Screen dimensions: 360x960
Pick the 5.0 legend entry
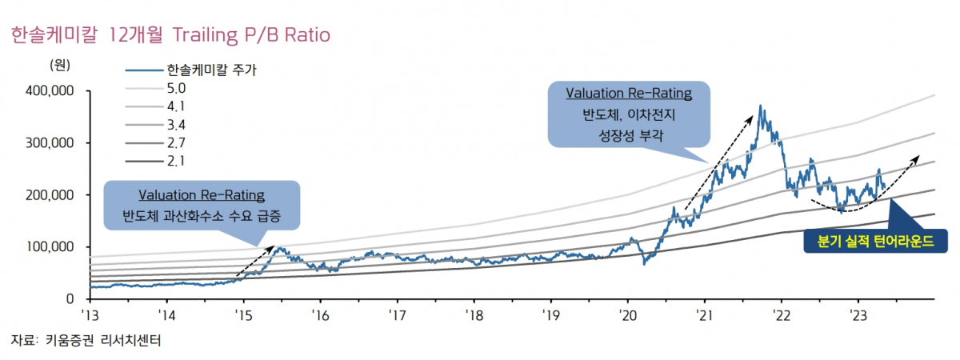176,88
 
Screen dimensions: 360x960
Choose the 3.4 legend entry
176,125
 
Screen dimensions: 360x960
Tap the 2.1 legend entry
176,162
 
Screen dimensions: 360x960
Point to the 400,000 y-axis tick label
50,91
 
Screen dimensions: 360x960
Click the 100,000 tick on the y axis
50,247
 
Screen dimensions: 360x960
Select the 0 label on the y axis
70,299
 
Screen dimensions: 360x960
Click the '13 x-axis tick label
90,314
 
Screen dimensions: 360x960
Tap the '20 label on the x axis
627,314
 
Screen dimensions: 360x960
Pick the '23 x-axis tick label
858,314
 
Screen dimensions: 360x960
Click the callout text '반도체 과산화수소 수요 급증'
201,216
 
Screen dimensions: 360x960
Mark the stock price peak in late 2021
760,106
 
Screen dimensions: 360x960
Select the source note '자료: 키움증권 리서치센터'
86,341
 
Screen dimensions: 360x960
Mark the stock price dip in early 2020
645,263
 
